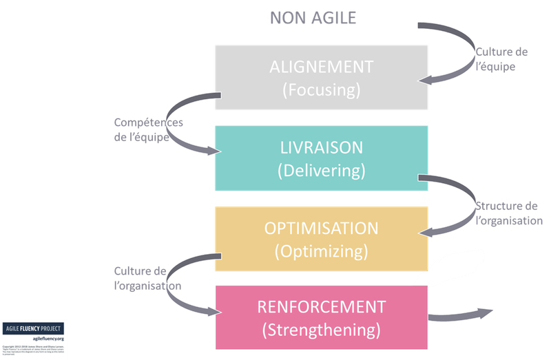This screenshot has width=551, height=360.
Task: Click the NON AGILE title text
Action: coord(313,18)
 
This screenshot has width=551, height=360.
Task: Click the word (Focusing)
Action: coord(322,90)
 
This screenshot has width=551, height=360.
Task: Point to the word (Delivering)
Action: coord(322,170)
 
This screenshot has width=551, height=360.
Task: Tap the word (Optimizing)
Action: coord(322,251)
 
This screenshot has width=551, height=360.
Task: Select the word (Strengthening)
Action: coord(322,330)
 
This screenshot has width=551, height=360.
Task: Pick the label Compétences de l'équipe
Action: coord(149,129)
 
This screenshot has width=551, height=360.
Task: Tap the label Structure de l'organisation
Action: coord(508,214)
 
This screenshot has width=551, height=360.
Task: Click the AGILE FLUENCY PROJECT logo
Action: coord(32,328)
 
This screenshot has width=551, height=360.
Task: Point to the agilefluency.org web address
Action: coord(44,338)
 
